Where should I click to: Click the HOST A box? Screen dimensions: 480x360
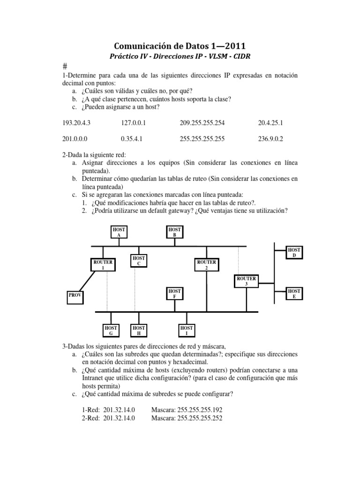click(x=119, y=232)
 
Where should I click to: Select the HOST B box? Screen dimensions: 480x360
click(x=174, y=232)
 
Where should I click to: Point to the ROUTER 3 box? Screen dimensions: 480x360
click(x=246, y=281)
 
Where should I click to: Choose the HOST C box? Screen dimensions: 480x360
click(x=139, y=261)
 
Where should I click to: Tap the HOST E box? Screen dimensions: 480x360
click(x=294, y=294)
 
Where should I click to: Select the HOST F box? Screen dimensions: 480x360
click(x=174, y=294)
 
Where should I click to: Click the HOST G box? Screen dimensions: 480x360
click(x=111, y=330)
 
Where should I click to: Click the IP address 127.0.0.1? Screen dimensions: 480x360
click(x=134, y=123)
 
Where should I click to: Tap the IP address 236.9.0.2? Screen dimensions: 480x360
click(x=270, y=139)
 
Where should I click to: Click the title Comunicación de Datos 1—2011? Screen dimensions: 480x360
click(x=180, y=45)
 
